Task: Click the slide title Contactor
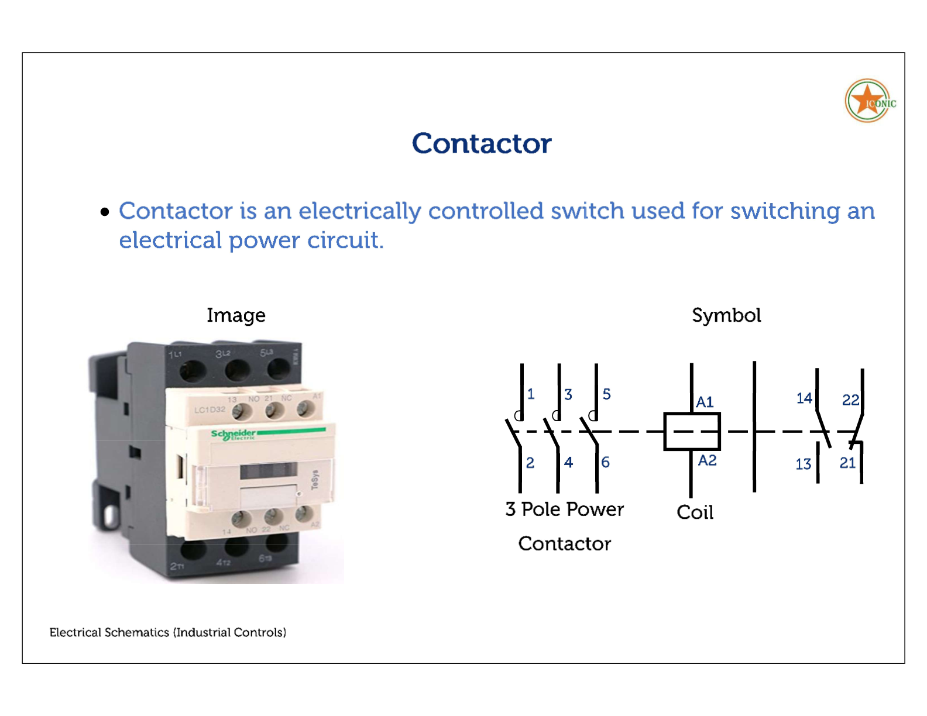[481, 144]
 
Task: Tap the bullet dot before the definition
[105, 212]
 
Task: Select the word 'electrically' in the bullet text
[359, 212]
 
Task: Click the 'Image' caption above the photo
[236, 315]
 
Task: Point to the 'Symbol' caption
[726, 315]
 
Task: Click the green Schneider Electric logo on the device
[234, 434]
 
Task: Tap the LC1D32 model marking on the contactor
[210, 409]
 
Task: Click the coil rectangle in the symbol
[692, 432]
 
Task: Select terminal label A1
[705, 402]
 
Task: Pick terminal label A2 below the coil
[707, 460]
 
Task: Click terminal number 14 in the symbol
[804, 398]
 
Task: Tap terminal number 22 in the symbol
[850, 400]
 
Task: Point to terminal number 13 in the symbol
[803, 464]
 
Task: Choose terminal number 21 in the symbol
[847, 463]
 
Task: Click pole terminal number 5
[606, 394]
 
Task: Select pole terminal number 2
[530, 463]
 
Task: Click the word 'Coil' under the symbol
[695, 512]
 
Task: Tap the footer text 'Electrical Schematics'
[109, 632]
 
